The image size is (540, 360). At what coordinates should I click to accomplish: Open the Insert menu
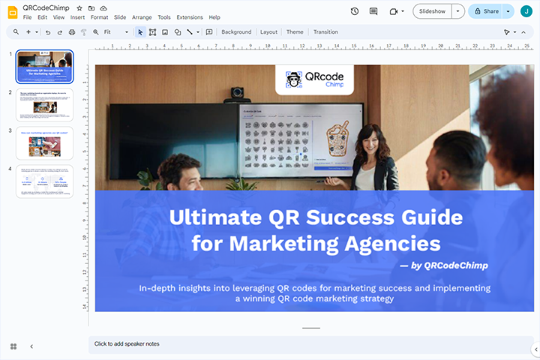pos(77,17)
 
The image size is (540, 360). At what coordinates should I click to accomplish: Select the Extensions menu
pos(189,17)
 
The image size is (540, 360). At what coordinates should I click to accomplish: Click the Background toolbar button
pos(236,32)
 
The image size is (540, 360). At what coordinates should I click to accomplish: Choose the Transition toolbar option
pos(325,32)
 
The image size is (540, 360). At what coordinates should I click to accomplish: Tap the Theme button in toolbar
pos(295,32)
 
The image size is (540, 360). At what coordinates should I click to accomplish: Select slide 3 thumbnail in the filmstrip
pos(45,142)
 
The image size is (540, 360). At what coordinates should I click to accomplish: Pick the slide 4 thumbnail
pos(45,181)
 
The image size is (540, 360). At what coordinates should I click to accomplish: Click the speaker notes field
pos(300,343)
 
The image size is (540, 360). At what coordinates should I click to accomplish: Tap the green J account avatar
pos(526,11)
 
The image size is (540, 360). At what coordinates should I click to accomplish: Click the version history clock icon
pos(354,11)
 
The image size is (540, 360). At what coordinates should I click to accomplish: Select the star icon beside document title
pos(79,7)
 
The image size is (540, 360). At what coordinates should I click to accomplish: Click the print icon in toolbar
pos(72,32)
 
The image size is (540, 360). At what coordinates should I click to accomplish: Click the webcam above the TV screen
pos(238,94)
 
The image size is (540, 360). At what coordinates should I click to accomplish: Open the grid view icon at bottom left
pos(13,346)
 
